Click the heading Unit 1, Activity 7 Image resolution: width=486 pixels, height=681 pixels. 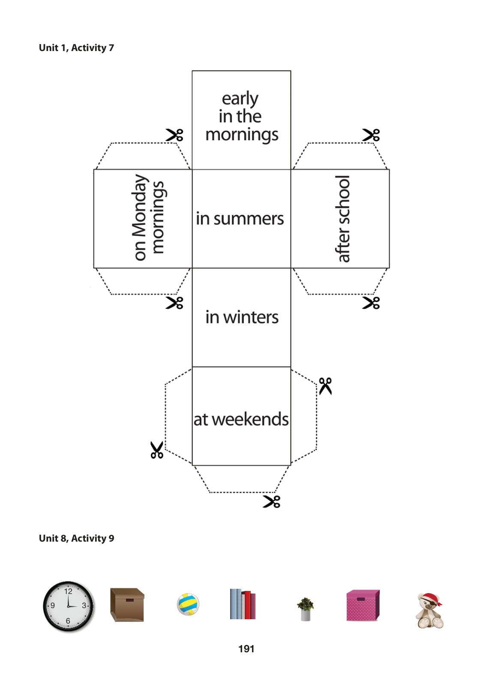(x=76, y=48)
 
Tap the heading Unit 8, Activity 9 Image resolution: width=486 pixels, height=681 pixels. (x=76, y=538)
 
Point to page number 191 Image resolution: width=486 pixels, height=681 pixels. (x=246, y=649)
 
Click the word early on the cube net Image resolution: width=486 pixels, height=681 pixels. (x=240, y=99)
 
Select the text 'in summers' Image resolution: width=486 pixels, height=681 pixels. (x=240, y=219)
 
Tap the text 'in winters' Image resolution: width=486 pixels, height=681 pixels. (x=242, y=317)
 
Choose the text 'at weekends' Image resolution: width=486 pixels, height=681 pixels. (x=241, y=419)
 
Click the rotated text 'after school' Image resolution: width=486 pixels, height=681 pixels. (x=342, y=219)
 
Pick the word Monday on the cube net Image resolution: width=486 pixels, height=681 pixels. (x=140, y=205)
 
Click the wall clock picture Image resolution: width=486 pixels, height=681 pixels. (x=69, y=606)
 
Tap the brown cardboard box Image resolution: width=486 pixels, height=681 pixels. (x=127, y=605)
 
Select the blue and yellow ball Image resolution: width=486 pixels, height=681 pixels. (x=188, y=604)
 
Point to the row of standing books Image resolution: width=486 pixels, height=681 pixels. (x=243, y=604)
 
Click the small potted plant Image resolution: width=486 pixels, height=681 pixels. (x=306, y=609)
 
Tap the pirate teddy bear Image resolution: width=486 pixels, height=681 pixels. (x=430, y=611)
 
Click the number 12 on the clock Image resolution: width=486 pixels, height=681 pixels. (x=68, y=591)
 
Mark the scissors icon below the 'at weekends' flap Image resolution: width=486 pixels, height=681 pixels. (x=271, y=502)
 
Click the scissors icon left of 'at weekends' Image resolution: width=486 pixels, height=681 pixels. (x=157, y=450)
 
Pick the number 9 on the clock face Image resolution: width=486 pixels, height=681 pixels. (x=53, y=606)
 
